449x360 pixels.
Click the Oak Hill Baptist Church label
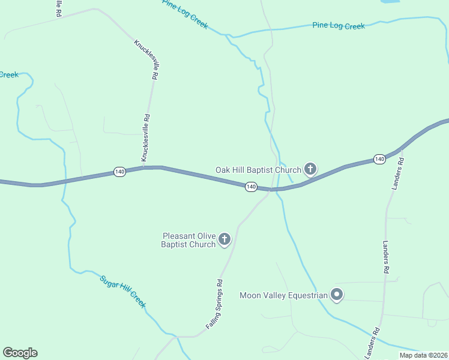(x=258, y=170)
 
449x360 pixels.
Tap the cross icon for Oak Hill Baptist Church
(x=310, y=169)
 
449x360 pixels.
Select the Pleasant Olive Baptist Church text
(x=188, y=240)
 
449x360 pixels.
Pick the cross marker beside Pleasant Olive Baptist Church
(x=224, y=240)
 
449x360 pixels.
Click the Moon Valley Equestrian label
(x=283, y=295)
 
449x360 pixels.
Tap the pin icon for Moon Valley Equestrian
(x=337, y=295)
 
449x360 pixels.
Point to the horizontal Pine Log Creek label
(x=339, y=26)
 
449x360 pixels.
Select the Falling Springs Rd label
(x=214, y=303)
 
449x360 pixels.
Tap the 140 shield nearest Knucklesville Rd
(x=119, y=172)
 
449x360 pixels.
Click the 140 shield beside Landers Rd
(x=379, y=159)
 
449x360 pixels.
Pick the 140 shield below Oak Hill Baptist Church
(x=251, y=187)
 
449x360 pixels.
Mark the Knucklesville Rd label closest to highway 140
(x=145, y=138)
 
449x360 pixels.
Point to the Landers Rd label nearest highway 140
(x=398, y=174)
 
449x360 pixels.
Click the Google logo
(x=20, y=353)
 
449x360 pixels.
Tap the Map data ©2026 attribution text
(x=423, y=355)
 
